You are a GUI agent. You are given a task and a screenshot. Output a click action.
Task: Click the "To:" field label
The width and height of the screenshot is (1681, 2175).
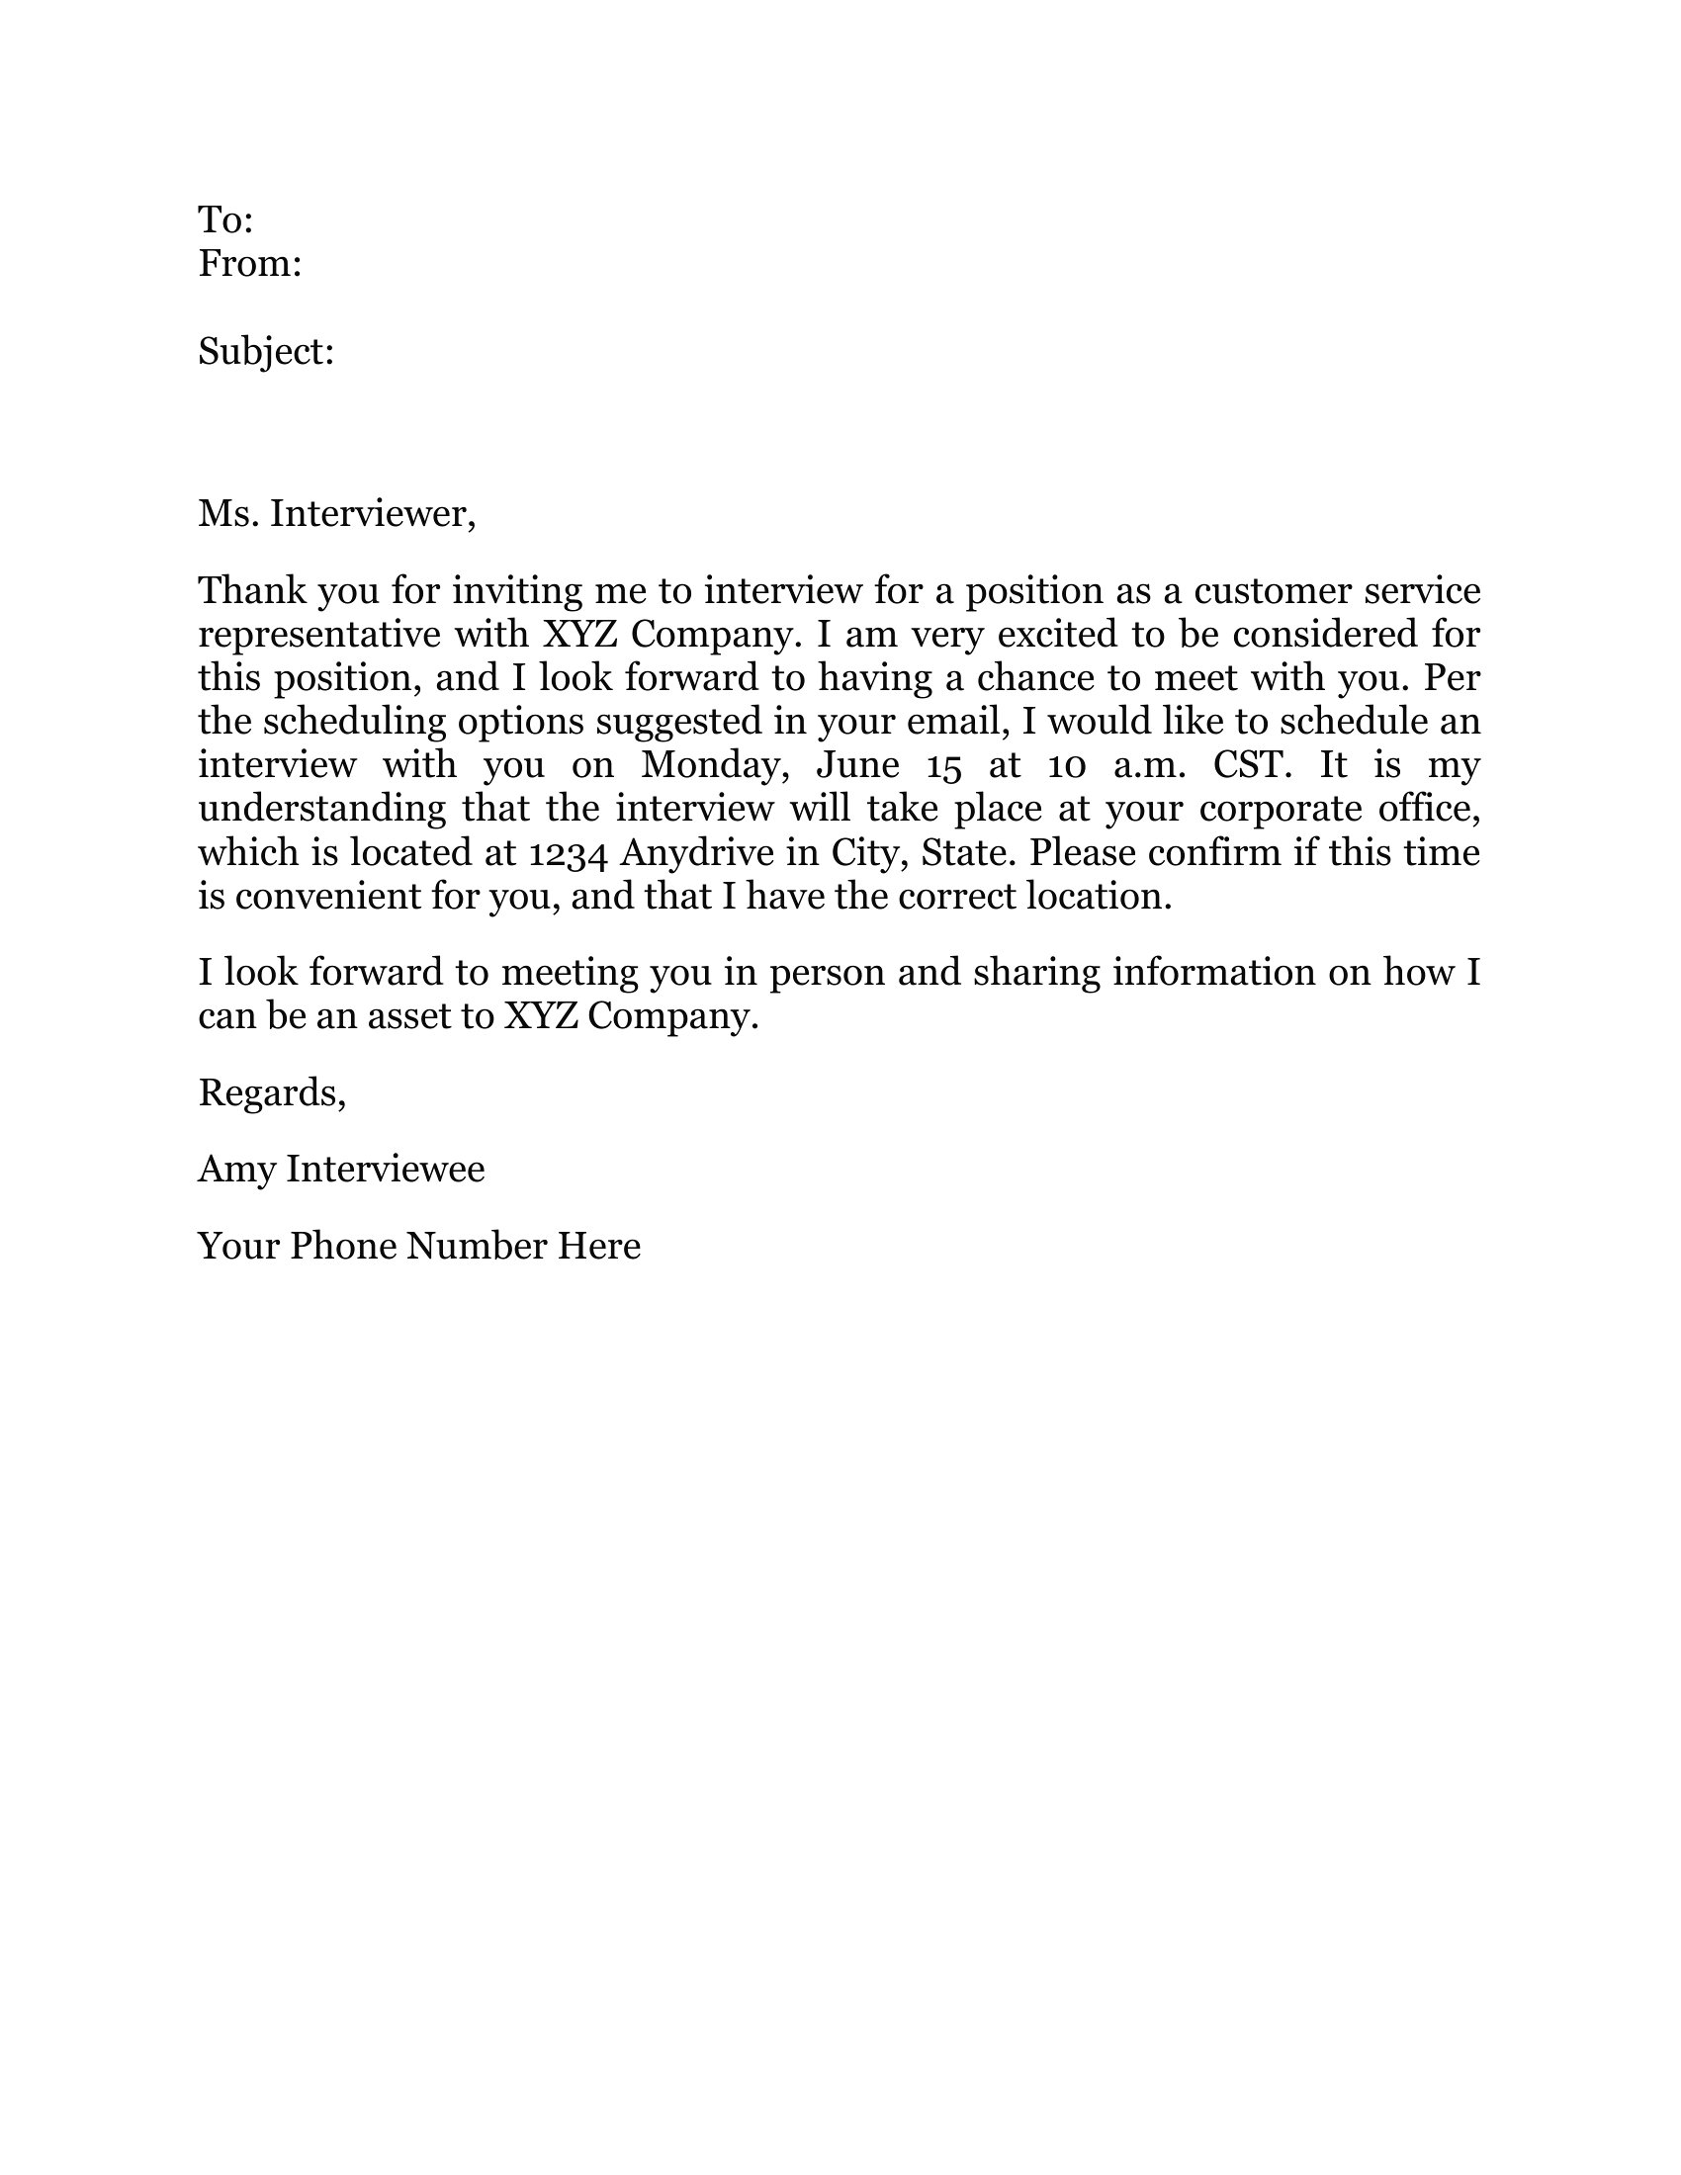[225, 220]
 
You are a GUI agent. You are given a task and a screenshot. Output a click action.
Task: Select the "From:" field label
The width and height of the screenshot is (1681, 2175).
[249, 264]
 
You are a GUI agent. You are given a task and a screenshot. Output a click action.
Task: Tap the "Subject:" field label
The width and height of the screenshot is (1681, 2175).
[266, 352]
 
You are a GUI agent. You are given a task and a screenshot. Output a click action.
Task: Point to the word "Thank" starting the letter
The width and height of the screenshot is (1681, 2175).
[251, 590]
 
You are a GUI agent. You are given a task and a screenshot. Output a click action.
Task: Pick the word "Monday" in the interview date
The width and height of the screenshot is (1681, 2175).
[714, 765]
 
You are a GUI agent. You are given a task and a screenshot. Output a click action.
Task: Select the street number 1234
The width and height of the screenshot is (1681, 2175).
[568, 853]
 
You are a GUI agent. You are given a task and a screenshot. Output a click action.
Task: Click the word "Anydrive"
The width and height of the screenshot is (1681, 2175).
[696, 853]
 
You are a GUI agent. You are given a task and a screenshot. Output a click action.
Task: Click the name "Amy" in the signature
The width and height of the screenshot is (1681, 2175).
[236, 1170]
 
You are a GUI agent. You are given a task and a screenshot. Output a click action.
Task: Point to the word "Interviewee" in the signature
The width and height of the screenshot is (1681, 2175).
[386, 1169]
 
